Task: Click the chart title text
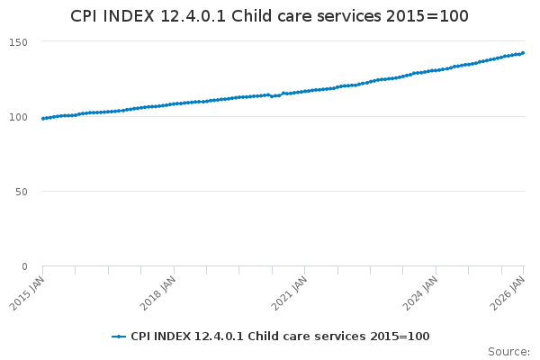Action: click(x=269, y=16)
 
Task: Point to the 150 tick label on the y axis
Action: click(x=18, y=42)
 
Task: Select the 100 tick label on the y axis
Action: click(x=18, y=117)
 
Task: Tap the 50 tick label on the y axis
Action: click(x=22, y=192)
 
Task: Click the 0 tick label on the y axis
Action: click(x=24, y=266)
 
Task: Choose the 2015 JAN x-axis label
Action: click(x=27, y=293)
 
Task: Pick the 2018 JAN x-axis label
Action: click(x=158, y=293)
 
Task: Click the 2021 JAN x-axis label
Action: click(x=289, y=293)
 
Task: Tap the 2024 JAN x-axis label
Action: click(x=420, y=293)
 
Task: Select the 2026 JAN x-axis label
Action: click(x=508, y=293)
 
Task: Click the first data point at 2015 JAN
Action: click(x=43, y=119)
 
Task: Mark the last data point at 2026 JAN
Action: click(x=523, y=53)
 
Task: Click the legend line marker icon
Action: click(x=119, y=337)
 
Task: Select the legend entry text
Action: click(x=280, y=337)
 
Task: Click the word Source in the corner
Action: click(x=508, y=352)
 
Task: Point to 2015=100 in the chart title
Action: click(x=427, y=16)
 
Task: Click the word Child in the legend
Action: click(x=261, y=337)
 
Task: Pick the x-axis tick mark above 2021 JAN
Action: click(x=305, y=270)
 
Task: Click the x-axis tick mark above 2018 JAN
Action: click(x=174, y=270)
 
